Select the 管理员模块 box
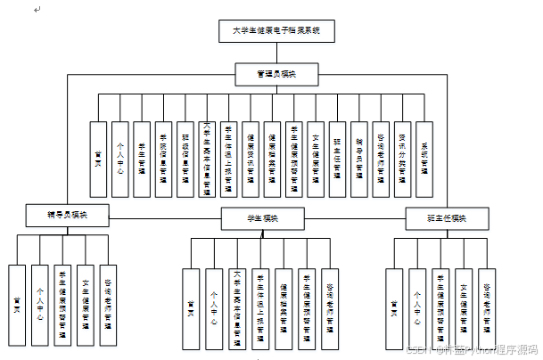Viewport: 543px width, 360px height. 276,75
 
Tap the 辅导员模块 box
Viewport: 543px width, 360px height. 67,215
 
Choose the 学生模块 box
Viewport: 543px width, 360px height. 263,217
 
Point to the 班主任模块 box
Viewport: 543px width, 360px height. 446,217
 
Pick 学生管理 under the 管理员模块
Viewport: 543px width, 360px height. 142,159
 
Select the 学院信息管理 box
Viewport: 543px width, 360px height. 163,159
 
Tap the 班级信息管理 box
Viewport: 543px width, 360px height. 185,159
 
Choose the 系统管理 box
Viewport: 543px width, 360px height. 424,159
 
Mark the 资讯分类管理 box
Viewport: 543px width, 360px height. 402,159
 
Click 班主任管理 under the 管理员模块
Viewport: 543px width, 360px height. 337,159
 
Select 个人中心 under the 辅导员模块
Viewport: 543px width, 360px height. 39,304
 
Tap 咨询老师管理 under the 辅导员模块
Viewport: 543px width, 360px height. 107,304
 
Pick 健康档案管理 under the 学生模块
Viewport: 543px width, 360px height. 283,307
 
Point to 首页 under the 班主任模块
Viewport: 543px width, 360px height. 393,307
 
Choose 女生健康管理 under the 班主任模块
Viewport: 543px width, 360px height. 463,307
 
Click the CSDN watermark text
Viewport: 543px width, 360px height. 470,350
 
